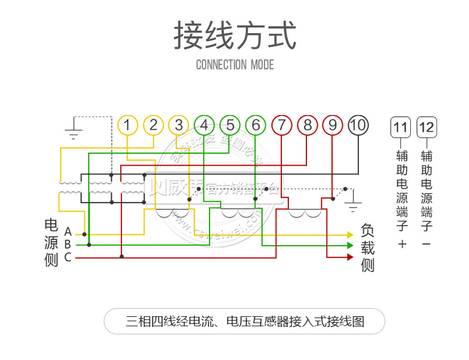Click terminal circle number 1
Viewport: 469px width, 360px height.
(x=127, y=125)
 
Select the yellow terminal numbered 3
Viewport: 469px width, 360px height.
(x=179, y=125)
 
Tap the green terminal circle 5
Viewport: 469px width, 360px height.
(x=230, y=125)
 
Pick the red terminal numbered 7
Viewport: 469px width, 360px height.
(x=281, y=125)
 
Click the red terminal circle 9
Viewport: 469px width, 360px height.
(x=333, y=125)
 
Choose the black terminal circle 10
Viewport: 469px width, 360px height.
(x=358, y=125)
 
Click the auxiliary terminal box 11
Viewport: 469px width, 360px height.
(x=401, y=128)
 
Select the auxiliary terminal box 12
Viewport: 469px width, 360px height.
(x=426, y=128)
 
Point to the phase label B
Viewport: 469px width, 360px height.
(x=68, y=245)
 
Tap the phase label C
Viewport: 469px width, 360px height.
(x=68, y=257)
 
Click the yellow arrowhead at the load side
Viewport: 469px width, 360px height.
(x=350, y=234)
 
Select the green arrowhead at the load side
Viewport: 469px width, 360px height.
(x=350, y=246)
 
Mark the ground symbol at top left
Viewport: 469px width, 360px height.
(x=74, y=132)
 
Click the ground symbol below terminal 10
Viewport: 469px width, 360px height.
(x=353, y=204)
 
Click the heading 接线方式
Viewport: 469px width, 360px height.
(x=234, y=36)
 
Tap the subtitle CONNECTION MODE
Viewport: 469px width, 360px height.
(x=234, y=64)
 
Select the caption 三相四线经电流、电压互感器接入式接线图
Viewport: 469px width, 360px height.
(x=245, y=321)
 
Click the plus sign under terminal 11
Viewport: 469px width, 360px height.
(x=401, y=244)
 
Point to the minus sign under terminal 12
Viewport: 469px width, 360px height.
(x=426, y=244)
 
